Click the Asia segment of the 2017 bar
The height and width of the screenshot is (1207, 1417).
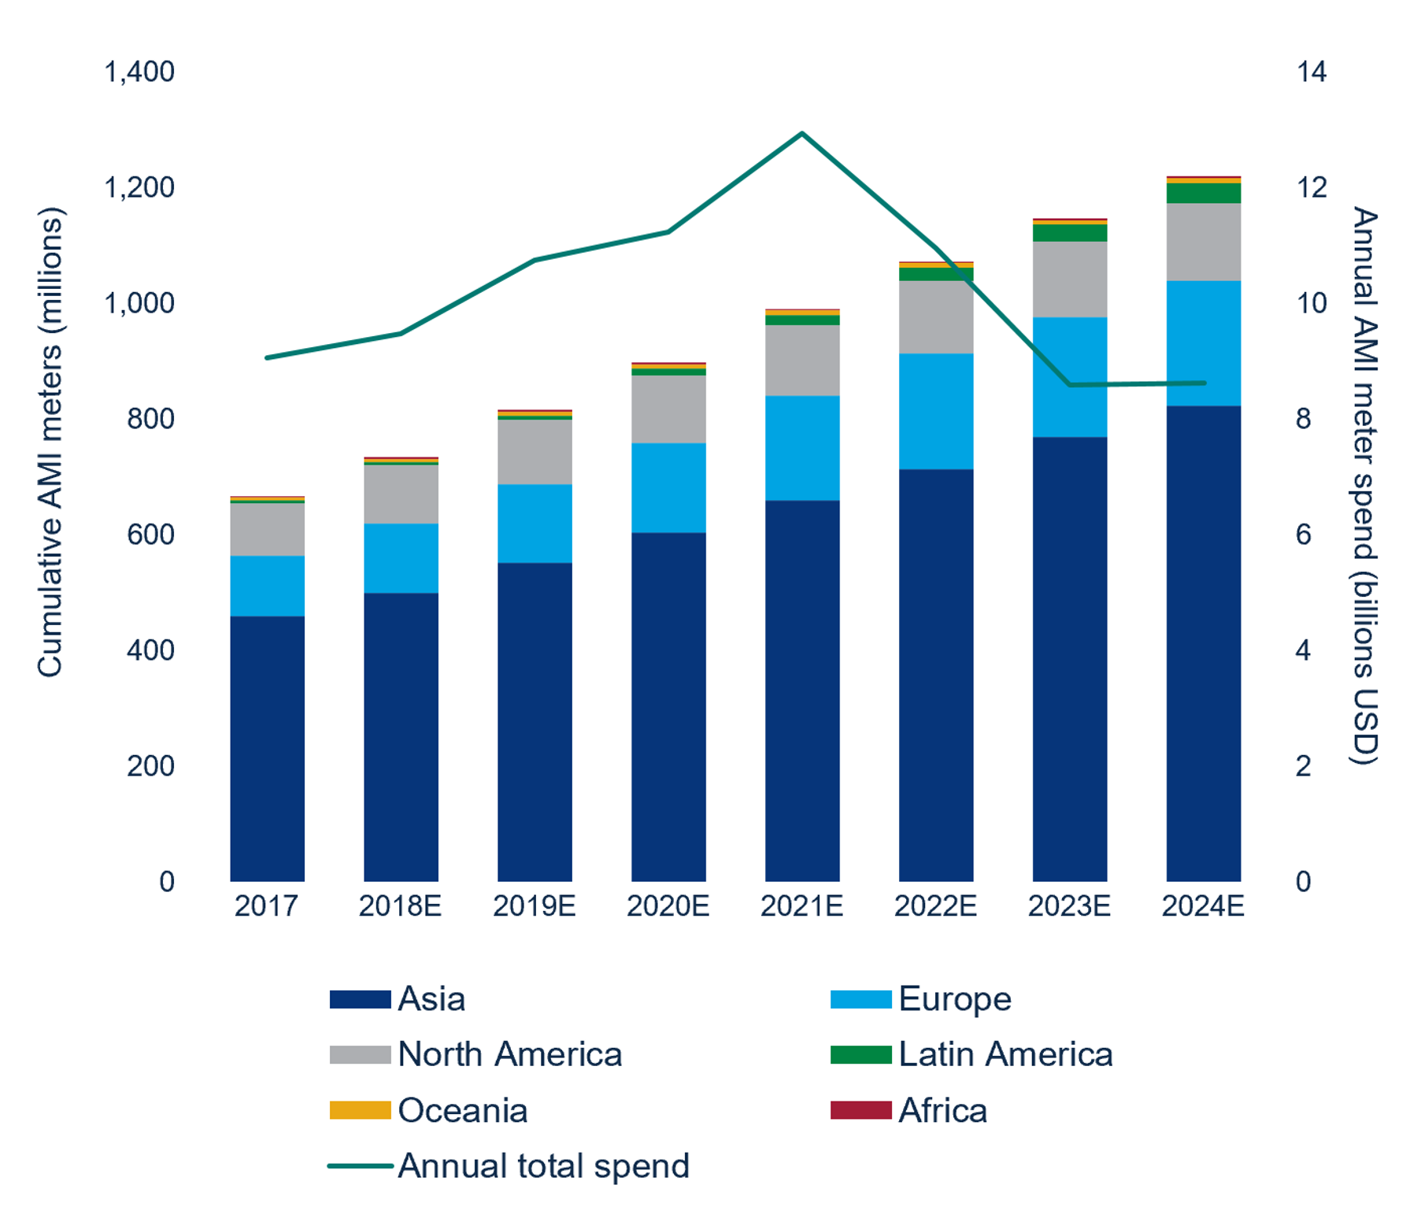[x=267, y=748]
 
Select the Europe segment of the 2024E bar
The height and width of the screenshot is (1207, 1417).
[x=1203, y=343]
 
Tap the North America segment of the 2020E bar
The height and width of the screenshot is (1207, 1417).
[x=668, y=409]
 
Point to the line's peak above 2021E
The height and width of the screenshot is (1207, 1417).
[x=802, y=133]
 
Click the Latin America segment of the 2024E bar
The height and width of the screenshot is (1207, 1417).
[x=1203, y=193]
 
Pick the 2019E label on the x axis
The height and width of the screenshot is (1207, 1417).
[x=534, y=906]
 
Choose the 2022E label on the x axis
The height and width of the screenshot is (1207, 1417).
[x=935, y=906]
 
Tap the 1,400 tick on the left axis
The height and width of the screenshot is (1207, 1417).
[x=139, y=72]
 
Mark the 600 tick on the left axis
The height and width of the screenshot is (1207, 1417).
[x=150, y=535]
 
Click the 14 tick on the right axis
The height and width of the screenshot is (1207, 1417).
[x=1311, y=72]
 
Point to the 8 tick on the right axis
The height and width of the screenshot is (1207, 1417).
[x=1304, y=419]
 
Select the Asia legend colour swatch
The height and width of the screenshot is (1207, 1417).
[x=360, y=999]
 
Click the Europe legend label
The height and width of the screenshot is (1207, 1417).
[x=954, y=999]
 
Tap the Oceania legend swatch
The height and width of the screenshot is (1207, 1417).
[x=360, y=1110]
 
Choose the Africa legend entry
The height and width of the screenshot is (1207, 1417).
[x=942, y=1110]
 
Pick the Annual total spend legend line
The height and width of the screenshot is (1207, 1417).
[x=360, y=1165]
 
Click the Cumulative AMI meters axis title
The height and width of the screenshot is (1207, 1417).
[x=50, y=441]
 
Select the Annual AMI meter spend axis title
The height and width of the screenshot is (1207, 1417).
[x=1365, y=484]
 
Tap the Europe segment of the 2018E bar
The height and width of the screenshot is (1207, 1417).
[x=401, y=557]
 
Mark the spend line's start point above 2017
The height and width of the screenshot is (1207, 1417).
[x=267, y=357]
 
